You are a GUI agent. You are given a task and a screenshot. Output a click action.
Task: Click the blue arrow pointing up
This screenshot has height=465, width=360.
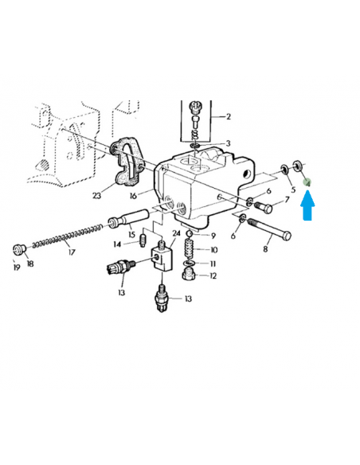tap(307, 205)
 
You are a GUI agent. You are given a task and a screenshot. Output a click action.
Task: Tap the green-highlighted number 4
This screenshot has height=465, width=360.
tap(307, 183)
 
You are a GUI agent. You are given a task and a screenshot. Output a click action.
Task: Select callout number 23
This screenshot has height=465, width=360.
tap(96, 195)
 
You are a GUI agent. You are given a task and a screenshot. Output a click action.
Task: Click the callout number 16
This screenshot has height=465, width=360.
tap(134, 196)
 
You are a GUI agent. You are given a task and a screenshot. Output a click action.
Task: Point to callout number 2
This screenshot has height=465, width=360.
tap(228, 116)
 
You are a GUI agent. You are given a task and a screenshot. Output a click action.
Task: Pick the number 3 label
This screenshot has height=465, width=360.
tap(228, 143)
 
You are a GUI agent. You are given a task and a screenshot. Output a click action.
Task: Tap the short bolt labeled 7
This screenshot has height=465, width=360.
tap(264, 207)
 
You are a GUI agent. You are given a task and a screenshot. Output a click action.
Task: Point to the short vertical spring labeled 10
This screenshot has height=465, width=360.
tap(190, 249)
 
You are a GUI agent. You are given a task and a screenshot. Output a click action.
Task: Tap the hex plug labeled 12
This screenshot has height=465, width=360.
tap(189, 274)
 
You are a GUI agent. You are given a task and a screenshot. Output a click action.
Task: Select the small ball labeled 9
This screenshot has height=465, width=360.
tap(190, 235)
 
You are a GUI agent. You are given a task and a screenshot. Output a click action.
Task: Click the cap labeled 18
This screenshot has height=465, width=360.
tap(20, 248)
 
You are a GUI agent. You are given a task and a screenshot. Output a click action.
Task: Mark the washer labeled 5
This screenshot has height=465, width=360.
tap(284, 170)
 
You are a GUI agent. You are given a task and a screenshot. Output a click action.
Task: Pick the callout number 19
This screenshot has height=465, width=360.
tap(17, 268)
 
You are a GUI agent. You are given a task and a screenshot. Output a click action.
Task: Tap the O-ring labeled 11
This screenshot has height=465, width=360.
tap(189, 263)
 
